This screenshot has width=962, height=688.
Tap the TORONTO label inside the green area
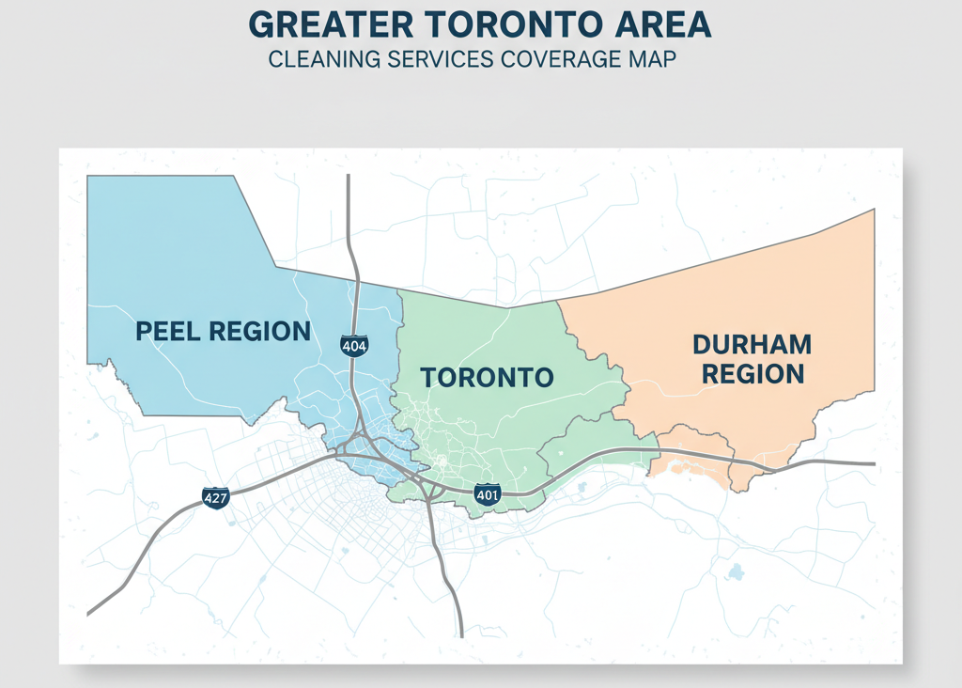click(487, 378)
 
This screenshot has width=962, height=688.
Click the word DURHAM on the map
click(752, 344)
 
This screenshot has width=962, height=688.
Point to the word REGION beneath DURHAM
click(753, 374)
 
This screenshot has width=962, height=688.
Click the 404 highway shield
click(354, 346)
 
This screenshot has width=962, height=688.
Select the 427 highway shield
click(215, 497)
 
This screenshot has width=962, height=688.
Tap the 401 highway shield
click(488, 494)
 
